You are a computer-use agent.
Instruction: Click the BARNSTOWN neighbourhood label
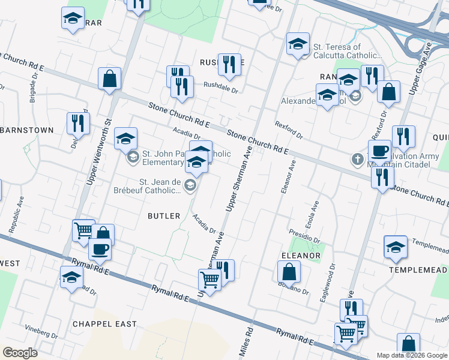tap(26, 130)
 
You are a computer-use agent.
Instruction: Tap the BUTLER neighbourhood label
tap(164, 216)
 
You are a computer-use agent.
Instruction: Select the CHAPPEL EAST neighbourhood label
tap(104, 324)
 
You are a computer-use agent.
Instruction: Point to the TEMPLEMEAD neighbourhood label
tap(418, 270)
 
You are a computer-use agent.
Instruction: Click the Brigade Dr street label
tap(33, 89)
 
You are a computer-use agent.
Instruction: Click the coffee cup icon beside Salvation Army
tap(379, 150)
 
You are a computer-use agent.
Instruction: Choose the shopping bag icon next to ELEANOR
tap(289, 272)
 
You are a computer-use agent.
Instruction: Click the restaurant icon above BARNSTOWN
tap(78, 123)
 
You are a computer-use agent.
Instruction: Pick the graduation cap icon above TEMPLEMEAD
tap(396, 247)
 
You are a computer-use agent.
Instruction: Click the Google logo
tap(20, 353)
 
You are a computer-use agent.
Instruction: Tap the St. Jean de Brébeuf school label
tap(161, 186)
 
